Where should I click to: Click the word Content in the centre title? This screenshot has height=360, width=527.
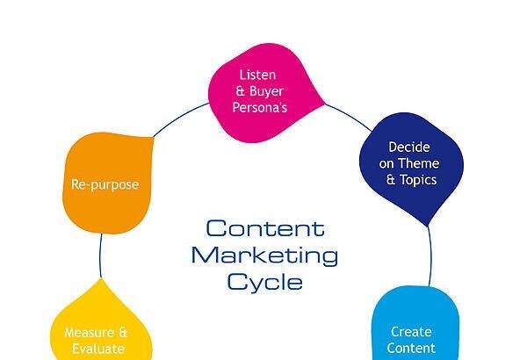click(264, 229)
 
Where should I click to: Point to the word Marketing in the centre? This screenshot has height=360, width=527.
click(264, 256)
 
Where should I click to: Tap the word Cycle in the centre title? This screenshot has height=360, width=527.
click(264, 283)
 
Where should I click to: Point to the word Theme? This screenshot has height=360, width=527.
click(421, 163)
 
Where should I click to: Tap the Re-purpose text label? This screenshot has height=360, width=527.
click(105, 184)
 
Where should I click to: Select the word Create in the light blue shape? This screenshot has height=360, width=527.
click(410, 332)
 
